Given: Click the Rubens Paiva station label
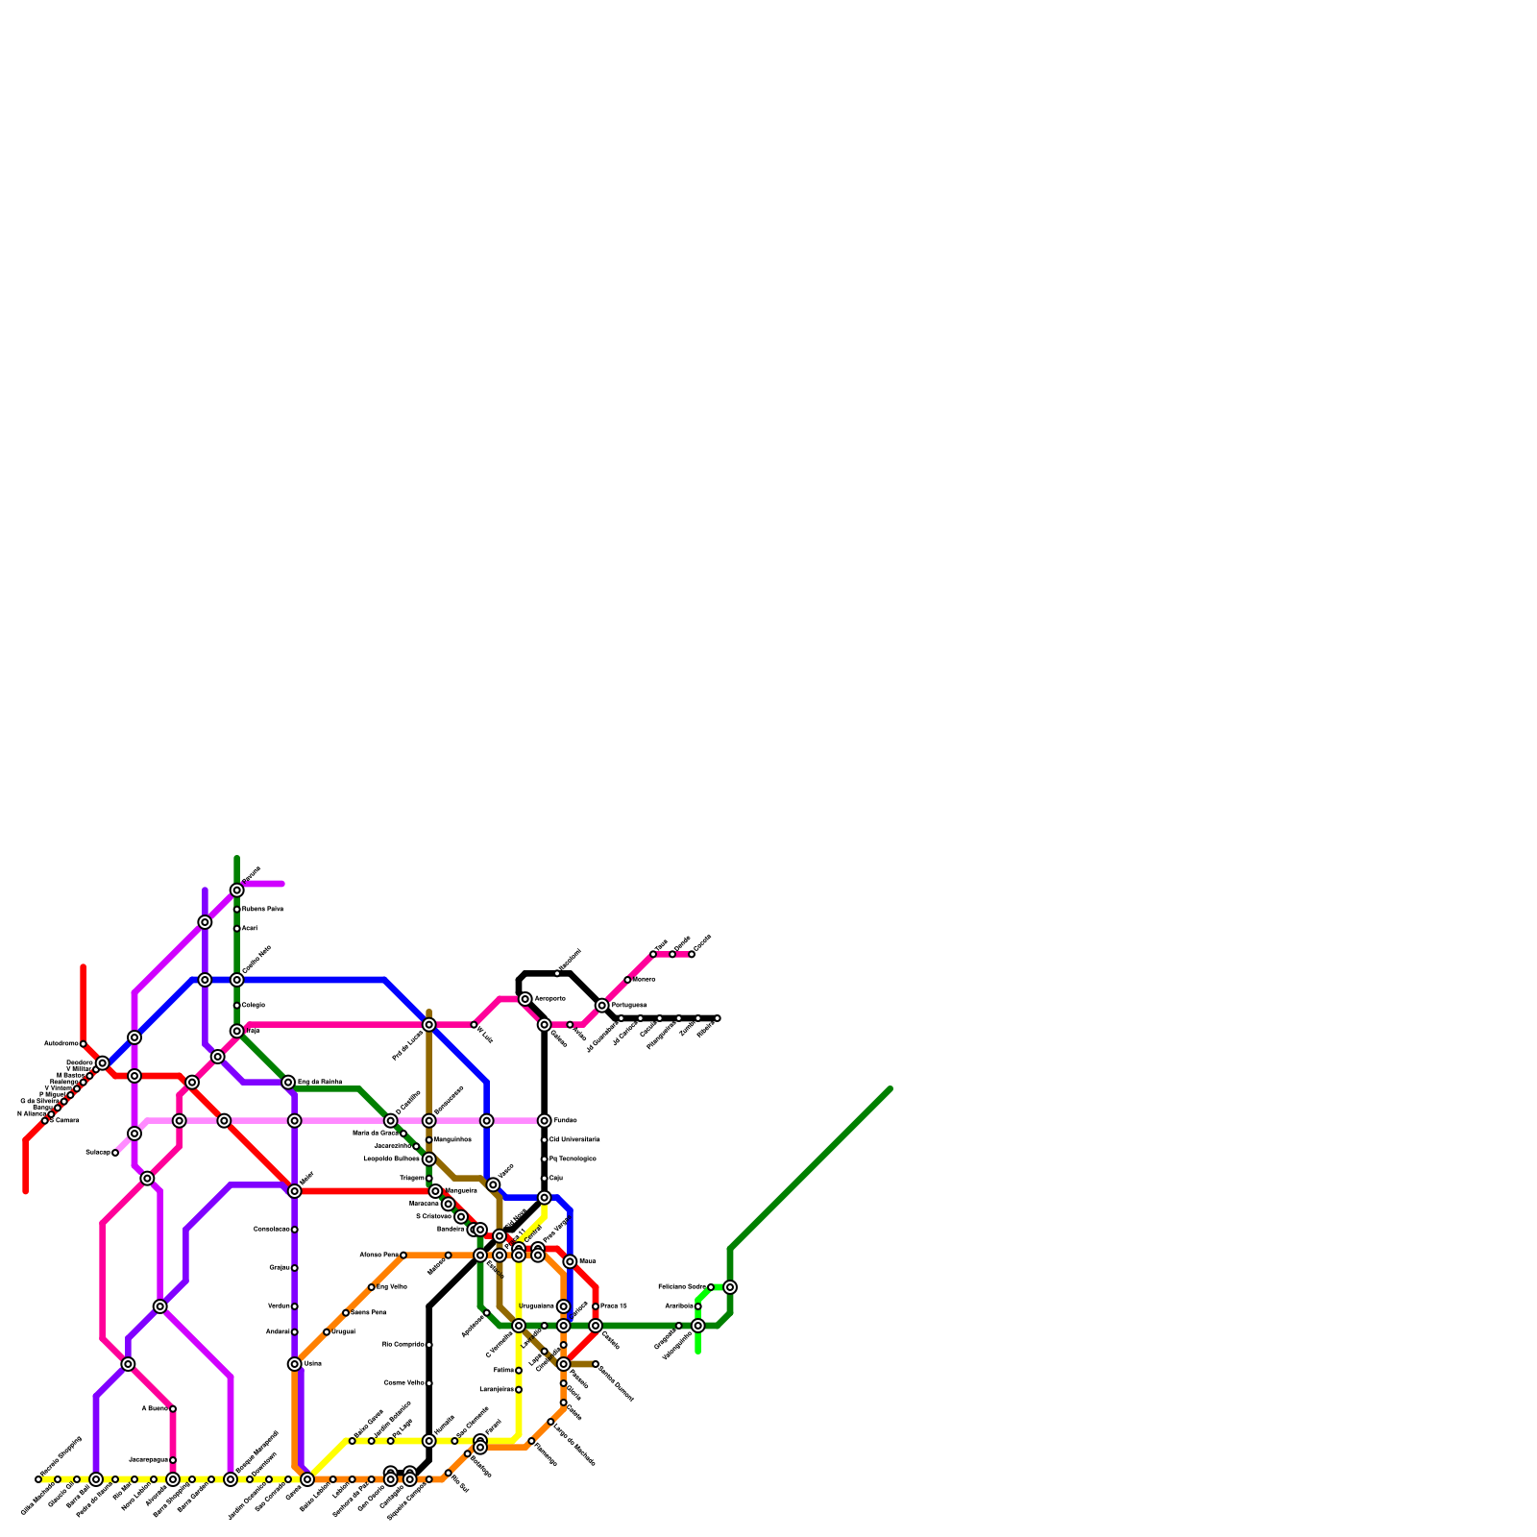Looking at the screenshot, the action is pyautogui.click(x=262, y=909).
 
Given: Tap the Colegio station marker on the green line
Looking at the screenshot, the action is pyautogui.click(x=236, y=1005).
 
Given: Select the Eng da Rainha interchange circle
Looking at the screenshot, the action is pyautogui.click(x=288, y=1083).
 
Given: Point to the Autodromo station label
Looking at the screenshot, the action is pyautogui.click(x=61, y=1043).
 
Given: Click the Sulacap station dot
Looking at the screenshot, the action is pyautogui.click(x=115, y=1153).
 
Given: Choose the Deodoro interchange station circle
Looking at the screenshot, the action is pyautogui.click(x=102, y=1062).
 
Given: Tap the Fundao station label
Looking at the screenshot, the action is pyautogui.click(x=565, y=1121).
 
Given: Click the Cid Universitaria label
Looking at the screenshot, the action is pyautogui.click(x=574, y=1140).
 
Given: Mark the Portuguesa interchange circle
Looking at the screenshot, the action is pyautogui.click(x=601, y=1006).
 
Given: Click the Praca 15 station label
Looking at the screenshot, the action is pyautogui.click(x=614, y=1306).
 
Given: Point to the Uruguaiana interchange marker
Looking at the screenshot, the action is pyautogui.click(x=563, y=1306).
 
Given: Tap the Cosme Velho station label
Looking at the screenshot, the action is pyautogui.click(x=404, y=1383).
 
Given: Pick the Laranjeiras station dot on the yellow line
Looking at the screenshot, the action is pyautogui.click(x=519, y=1390).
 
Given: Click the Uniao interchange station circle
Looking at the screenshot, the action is pyautogui.click(x=294, y=1364).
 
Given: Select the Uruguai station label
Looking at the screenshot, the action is pyautogui.click(x=343, y=1332).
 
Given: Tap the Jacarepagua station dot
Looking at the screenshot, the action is pyautogui.click(x=173, y=1460).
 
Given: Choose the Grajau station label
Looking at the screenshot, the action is pyautogui.click(x=280, y=1268).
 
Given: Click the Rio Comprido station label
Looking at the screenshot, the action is pyautogui.click(x=403, y=1345).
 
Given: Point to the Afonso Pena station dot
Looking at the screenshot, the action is pyautogui.click(x=403, y=1256).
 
